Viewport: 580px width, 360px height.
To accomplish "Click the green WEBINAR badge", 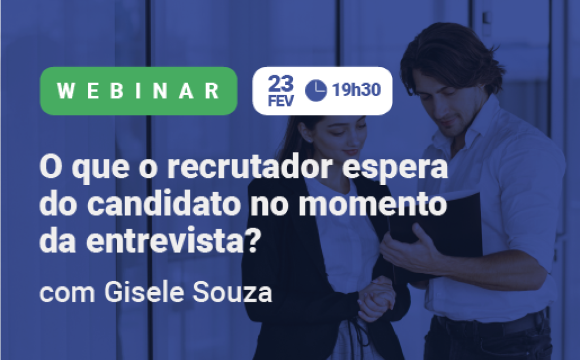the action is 138,91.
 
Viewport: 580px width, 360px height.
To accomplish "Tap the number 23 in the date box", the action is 281,84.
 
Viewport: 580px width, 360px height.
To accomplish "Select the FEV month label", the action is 281,101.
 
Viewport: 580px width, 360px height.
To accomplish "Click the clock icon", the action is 316,91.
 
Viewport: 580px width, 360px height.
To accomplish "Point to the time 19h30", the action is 356,90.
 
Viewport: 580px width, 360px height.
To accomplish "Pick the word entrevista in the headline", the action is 165,241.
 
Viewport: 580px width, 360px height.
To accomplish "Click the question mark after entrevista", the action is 251,240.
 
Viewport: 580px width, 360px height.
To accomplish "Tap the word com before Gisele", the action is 67,294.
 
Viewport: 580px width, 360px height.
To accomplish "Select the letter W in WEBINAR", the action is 66,91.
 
